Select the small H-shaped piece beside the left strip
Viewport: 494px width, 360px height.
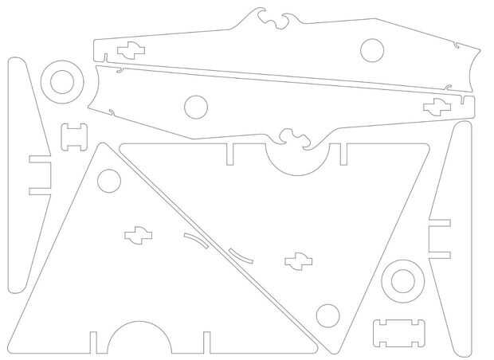click(x=74, y=137)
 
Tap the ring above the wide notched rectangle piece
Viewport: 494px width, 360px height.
click(x=402, y=280)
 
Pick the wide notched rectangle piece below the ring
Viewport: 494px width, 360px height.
click(x=400, y=332)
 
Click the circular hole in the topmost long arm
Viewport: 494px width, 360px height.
click(x=371, y=50)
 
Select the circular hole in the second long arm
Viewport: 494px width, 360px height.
click(x=195, y=106)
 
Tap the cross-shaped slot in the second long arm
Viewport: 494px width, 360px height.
click(x=436, y=106)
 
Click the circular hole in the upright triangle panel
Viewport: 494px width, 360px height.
click(x=108, y=182)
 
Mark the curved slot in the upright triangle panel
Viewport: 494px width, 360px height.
click(x=194, y=239)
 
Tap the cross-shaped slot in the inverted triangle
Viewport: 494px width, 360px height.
click(x=299, y=260)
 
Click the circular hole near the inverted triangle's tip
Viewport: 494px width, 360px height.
click(x=327, y=315)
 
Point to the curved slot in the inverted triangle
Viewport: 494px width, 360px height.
click(x=241, y=255)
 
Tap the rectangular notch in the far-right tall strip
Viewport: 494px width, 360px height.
click(x=440, y=239)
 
